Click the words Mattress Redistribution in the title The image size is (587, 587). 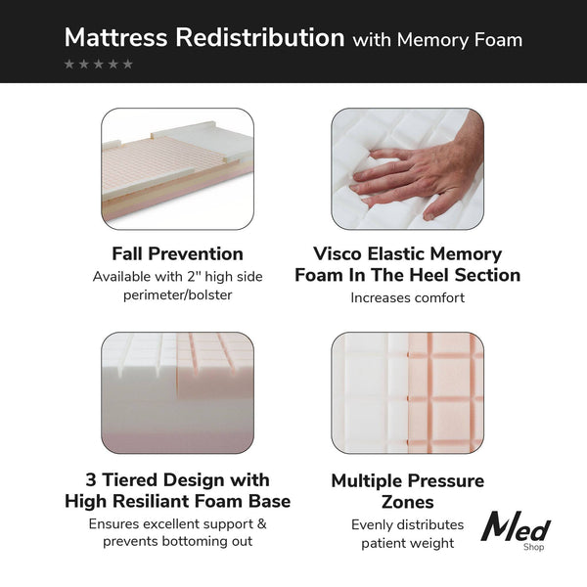click(203, 38)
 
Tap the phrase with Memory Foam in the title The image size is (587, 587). click(437, 40)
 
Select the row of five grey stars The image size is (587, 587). click(99, 65)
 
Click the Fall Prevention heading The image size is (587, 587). click(177, 253)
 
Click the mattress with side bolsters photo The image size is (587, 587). click(177, 168)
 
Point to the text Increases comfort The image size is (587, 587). click(407, 297)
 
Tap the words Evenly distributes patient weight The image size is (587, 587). click(407, 533)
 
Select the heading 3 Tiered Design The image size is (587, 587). click(177, 480)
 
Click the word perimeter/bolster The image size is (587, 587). click(177, 294)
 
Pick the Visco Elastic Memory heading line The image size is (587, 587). click(407, 253)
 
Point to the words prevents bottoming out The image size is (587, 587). click(177, 541)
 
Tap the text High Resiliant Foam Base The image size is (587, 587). click(177, 502)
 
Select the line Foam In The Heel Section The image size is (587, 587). click(407, 275)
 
